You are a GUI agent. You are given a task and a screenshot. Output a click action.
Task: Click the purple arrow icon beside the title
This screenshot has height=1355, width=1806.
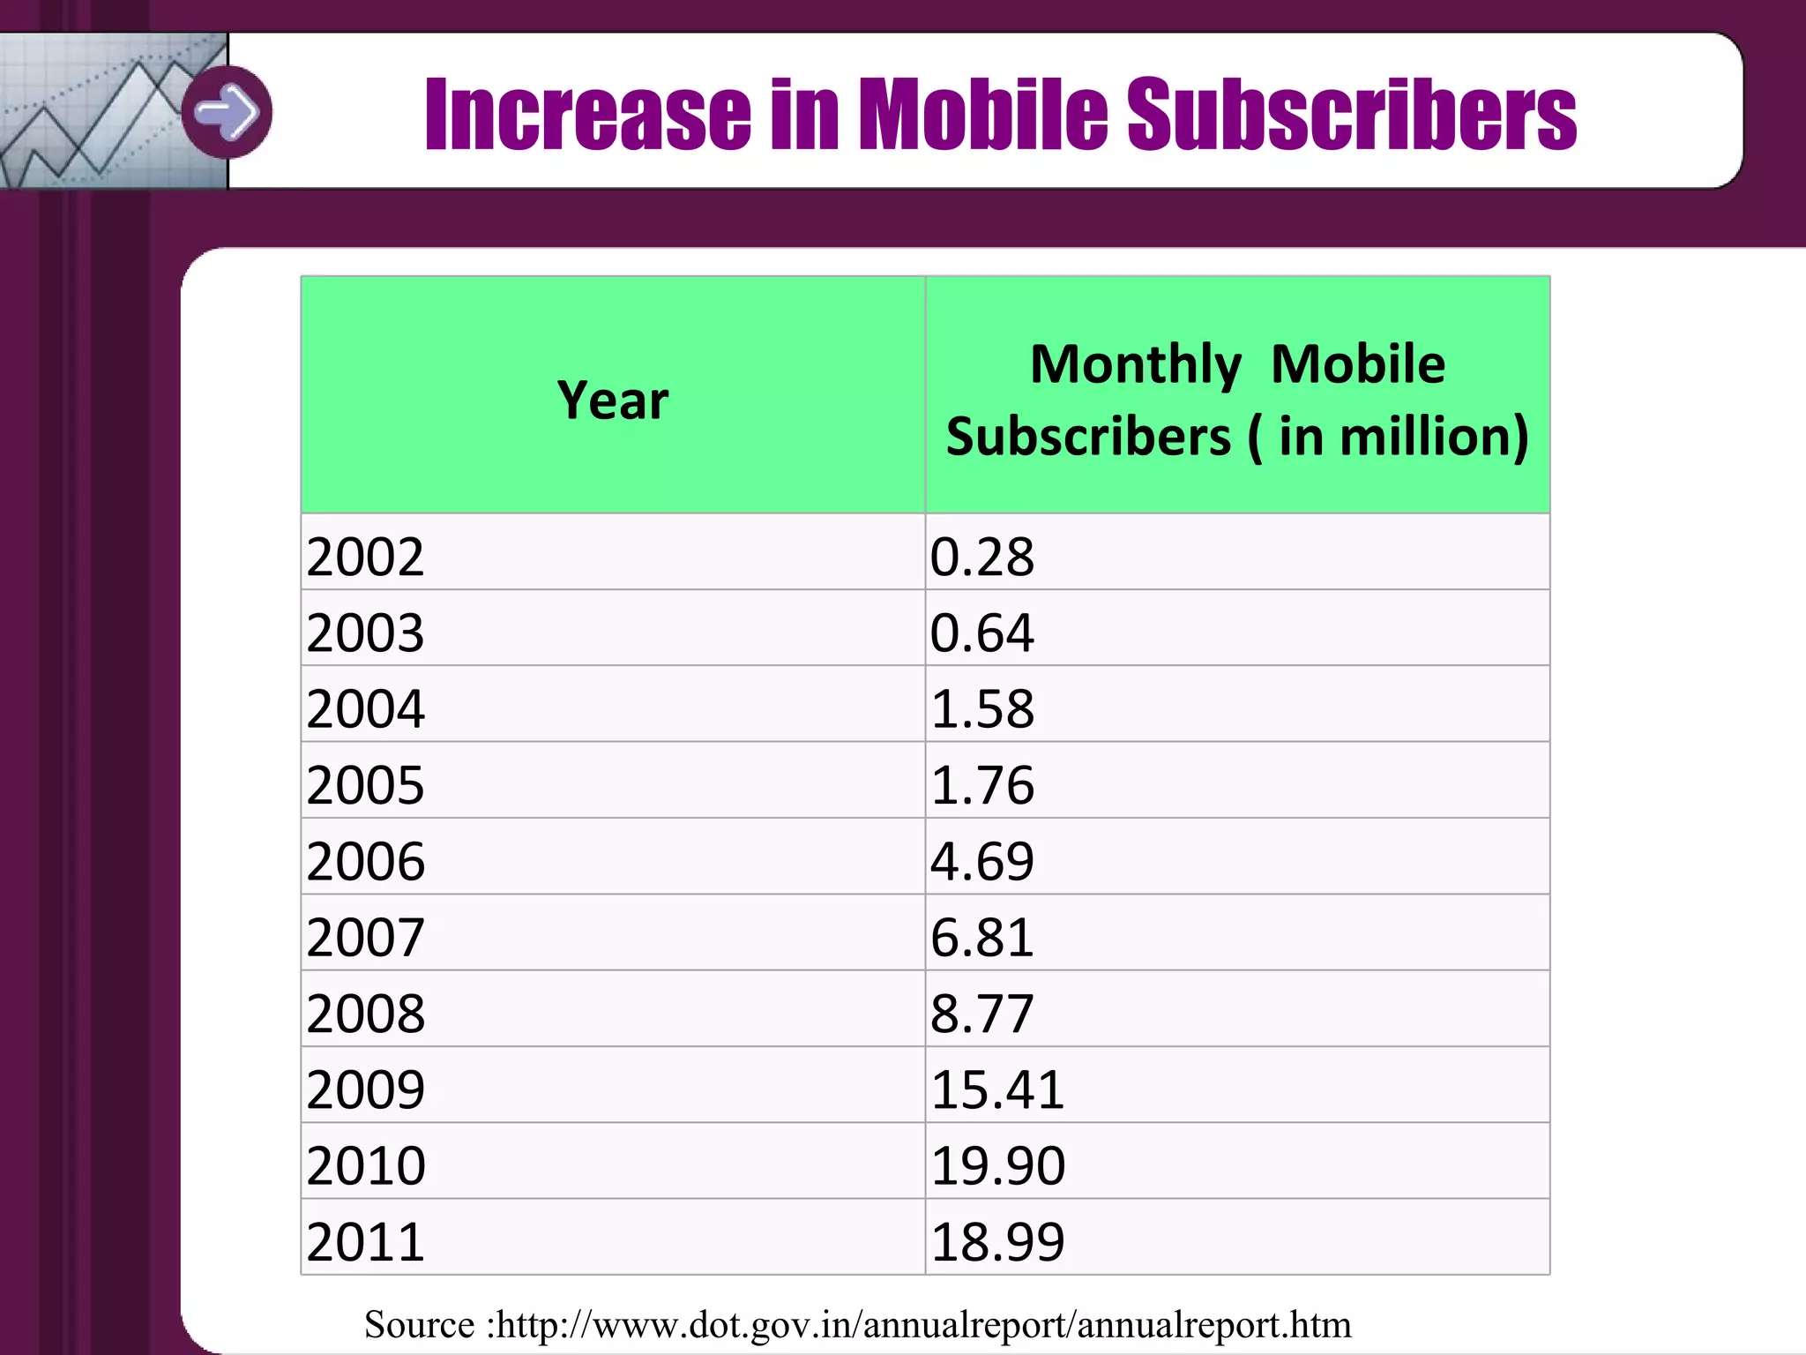227,112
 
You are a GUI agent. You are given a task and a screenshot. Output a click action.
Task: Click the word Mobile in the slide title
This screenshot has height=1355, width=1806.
982,114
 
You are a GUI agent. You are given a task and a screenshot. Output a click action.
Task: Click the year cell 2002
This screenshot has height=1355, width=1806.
365,557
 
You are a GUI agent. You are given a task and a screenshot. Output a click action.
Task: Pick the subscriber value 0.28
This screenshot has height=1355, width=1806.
981,557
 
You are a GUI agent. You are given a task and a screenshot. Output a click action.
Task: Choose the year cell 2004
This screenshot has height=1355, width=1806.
365,708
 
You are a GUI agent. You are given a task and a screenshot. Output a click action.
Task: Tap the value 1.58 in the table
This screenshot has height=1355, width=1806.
981,708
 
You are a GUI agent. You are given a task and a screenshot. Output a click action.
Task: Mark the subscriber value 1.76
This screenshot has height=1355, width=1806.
981,784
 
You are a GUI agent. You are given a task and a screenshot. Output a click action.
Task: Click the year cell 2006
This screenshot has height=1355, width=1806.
365,861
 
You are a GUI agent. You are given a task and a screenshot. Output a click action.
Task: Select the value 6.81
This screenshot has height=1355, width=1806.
981,937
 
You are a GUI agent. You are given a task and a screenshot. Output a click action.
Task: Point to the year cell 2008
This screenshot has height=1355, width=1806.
365,1013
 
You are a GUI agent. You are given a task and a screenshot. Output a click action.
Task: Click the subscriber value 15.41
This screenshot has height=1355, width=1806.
997,1089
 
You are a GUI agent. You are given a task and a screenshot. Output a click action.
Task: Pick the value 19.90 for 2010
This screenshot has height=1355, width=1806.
997,1165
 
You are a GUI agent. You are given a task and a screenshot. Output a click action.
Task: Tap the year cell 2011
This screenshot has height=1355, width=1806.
365,1241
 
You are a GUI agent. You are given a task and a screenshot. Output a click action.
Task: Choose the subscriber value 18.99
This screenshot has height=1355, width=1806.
997,1241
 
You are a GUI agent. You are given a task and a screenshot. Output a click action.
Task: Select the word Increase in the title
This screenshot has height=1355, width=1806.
587,114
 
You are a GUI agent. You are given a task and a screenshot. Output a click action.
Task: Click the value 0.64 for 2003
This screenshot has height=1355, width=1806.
981,633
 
